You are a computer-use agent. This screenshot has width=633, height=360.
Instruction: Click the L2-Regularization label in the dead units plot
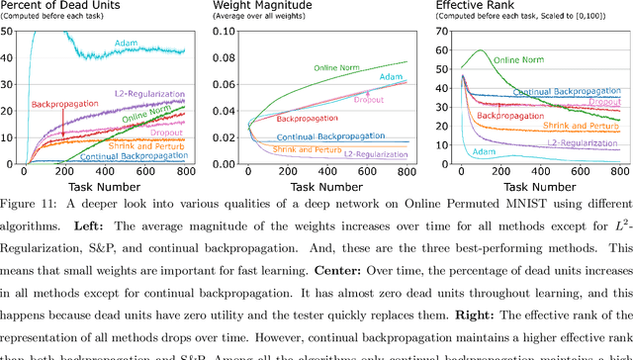point(153,96)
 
